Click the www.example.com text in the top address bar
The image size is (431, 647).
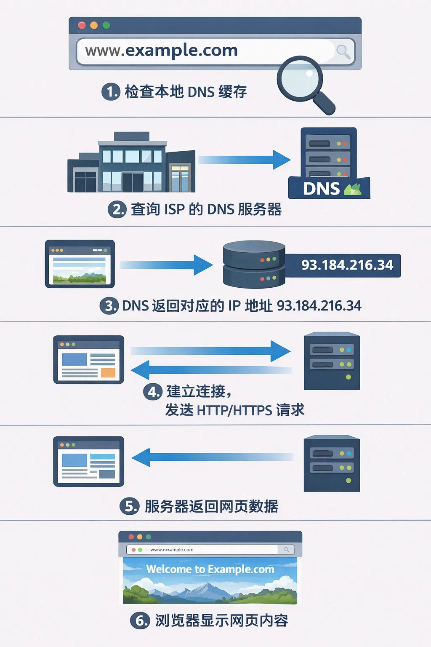point(161,51)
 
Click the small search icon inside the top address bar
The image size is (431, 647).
point(343,52)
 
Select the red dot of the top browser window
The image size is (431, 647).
point(82,25)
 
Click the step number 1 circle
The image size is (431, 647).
point(111,91)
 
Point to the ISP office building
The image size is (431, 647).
point(131,163)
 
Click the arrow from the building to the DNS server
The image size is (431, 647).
point(244,160)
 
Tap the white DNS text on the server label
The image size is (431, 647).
point(321,189)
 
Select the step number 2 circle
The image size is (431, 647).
point(117,209)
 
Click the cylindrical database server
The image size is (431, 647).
point(254,265)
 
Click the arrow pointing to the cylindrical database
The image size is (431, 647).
point(166,265)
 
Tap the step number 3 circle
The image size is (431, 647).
point(109,306)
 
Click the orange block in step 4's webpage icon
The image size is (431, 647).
point(108,372)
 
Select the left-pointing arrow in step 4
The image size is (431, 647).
point(210,370)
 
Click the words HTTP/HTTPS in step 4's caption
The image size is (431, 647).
point(234,410)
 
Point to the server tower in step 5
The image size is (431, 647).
point(332,463)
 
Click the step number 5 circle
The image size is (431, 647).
point(130,506)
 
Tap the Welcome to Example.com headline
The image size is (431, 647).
point(210,569)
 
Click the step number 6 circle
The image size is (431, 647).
point(140,620)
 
